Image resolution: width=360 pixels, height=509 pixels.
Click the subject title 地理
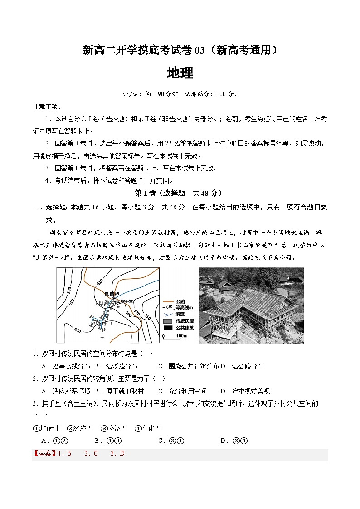(180, 73)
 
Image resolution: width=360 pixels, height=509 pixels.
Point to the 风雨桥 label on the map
(112, 294)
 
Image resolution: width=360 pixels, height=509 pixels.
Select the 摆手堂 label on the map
(126, 301)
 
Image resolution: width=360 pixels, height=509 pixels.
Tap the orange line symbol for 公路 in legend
(168, 300)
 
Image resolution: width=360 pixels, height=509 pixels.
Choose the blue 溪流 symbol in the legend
(168, 313)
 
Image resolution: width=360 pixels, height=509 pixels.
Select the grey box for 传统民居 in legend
(168, 320)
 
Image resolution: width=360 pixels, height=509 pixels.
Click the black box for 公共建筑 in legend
(168, 327)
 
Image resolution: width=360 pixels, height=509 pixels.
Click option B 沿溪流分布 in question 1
(116, 366)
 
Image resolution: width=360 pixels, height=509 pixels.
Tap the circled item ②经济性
(80, 428)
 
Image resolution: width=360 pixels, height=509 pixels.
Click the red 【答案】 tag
(44, 453)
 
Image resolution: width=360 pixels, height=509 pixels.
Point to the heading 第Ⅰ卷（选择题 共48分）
(180, 193)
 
